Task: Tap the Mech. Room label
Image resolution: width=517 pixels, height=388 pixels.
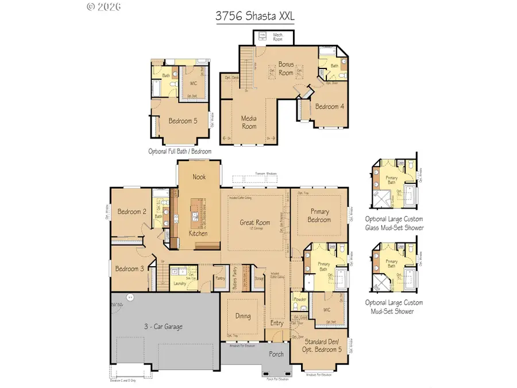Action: (x=277, y=37)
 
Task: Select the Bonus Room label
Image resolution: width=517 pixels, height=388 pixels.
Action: (x=286, y=69)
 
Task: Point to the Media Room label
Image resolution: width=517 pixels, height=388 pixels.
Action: (x=249, y=122)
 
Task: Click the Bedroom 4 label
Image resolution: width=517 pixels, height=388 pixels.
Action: (x=330, y=107)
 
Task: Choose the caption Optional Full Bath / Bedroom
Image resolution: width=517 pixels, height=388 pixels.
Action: (x=180, y=151)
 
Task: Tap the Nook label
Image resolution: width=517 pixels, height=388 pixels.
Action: (x=199, y=177)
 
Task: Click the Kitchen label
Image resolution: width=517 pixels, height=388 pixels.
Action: (x=199, y=234)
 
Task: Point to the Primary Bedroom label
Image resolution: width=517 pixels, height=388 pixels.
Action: (x=319, y=216)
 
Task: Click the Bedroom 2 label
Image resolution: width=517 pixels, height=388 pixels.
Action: (x=132, y=212)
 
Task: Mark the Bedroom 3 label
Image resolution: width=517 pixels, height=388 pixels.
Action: (x=129, y=268)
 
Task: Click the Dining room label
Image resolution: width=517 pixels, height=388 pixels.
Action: (x=243, y=316)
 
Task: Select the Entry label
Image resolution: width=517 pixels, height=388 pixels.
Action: (x=276, y=323)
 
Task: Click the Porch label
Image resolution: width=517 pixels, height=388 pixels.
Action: (x=276, y=354)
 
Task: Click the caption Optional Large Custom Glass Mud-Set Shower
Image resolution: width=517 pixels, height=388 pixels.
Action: (x=394, y=223)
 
